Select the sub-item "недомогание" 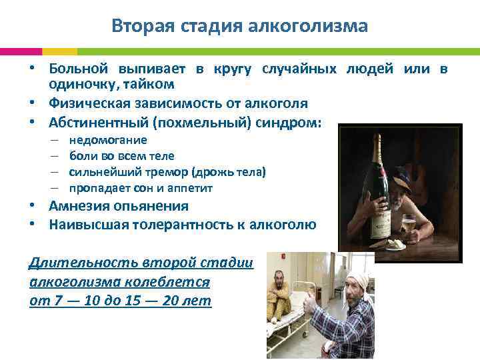pos(108,140)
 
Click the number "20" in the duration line pos(171,301)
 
